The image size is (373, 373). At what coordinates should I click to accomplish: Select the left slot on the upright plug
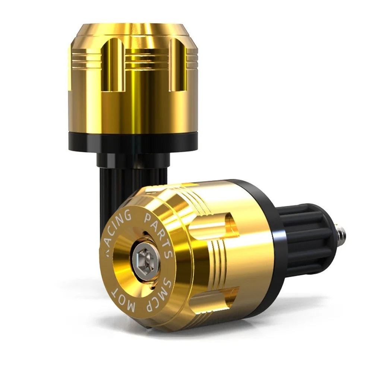114,65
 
